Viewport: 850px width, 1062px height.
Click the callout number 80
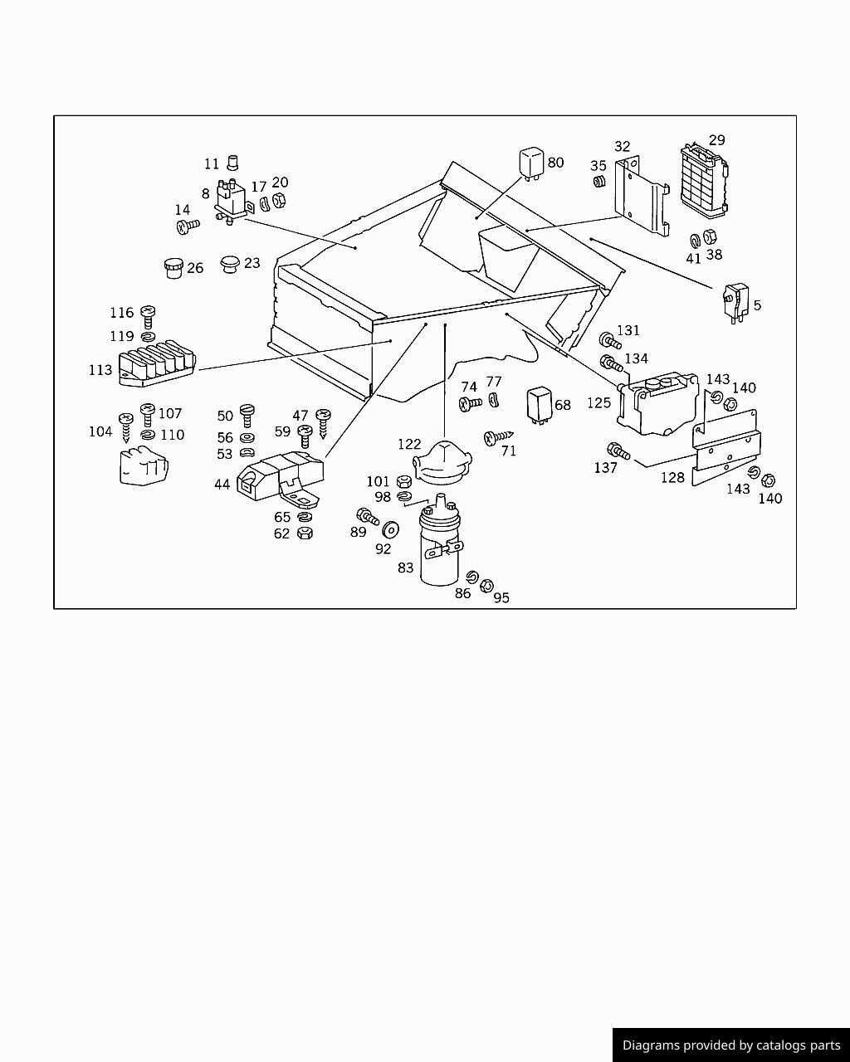pos(555,163)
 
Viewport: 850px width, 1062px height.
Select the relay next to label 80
pos(531,163)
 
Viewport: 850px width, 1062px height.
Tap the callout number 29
pos(716,140)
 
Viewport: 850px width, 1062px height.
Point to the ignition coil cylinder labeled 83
pos(438,548)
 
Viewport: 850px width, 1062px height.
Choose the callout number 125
pos(598,403)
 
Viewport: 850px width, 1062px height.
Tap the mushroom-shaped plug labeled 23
pos(229,265)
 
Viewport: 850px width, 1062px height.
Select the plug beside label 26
pos(173,268)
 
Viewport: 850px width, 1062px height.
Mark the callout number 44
pos(222,484)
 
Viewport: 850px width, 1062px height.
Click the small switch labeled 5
pos(735,300)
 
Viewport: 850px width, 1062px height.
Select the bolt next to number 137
pos(618,451)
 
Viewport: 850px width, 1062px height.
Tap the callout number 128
pos(672,478)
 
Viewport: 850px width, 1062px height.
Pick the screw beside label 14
pos(188,224)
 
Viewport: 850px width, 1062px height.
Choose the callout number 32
pos(622,147)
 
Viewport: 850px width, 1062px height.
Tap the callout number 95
pos(501,597)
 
